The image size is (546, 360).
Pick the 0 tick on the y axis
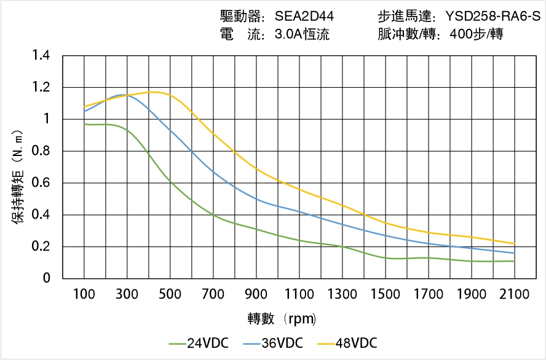coord(47,279)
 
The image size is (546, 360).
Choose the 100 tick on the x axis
coord(84,294)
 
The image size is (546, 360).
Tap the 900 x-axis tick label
coord(256,294)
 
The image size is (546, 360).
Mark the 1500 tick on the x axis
coord(385,294)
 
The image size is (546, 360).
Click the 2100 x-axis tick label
coord(514,294)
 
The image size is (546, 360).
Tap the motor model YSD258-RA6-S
coord(493,17)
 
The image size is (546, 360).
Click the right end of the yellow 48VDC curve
coord(514,243)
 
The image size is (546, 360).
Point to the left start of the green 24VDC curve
coord(84,124)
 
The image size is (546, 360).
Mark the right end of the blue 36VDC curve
coord(514,253)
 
